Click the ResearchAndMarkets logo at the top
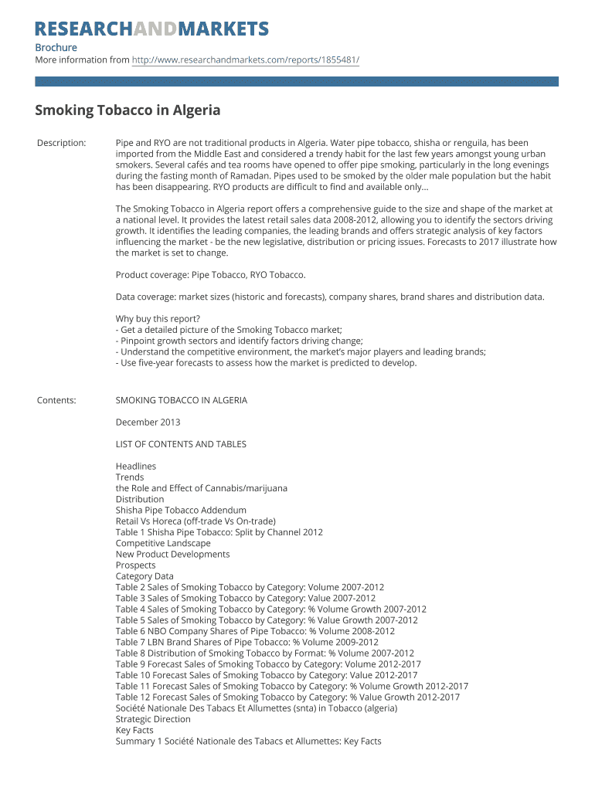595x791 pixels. tap(151, 29)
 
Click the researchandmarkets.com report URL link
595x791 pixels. tap(245, 60)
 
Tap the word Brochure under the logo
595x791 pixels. tap(56, 48)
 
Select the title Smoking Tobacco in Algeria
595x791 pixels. tap(127, 110)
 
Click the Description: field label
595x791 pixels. tap(62, 143)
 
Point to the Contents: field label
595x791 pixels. tap(56, 400)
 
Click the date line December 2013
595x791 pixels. tap(148, 423)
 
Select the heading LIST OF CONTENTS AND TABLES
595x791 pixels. tap(181, 444)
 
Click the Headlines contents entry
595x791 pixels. tap(136, 467)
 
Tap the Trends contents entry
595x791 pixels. tap(130, 477)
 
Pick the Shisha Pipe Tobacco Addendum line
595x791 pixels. tap(181, 511)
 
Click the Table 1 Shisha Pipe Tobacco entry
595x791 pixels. tap(219, 532)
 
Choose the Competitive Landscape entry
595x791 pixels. tap(163, 543)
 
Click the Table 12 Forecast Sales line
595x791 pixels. tap(287, 697)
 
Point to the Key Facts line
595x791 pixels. tap(134, 730)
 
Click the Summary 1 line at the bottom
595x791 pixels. tap(248, 742)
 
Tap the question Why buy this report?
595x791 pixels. tap(158, 319)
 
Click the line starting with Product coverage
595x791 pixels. tap(210, 275)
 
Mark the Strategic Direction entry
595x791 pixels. tap(153, 719)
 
